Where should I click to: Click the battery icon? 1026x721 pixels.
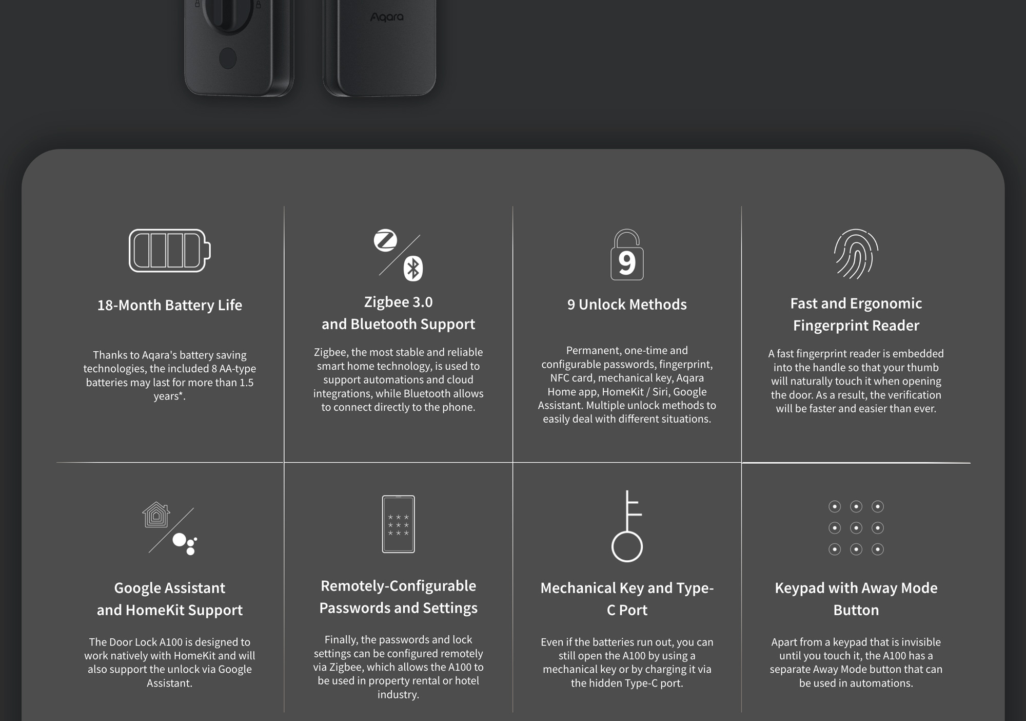[x=169, y=251]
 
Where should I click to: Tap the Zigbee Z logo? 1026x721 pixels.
[x=385, y=240]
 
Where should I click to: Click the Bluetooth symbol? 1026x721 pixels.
[x=413, y=268]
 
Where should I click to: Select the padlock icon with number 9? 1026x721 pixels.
[x=627, y=255]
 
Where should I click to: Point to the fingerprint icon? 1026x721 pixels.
[x=856, y=254]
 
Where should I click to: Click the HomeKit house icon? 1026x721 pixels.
[x=156, y=515]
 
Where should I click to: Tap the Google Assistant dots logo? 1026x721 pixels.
[x=185, y=544]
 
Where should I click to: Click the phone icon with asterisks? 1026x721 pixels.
[x=399, y=524]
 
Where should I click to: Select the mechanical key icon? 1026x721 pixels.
[x=627, y=526]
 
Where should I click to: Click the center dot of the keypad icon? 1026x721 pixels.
[x=856, y=528]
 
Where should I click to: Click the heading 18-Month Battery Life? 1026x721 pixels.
[x=170, y=305]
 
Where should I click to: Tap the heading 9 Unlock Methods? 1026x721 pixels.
[x=627, y=305]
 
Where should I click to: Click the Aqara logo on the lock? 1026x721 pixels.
[x=387, y=17]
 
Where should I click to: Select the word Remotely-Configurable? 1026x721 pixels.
[x=399, y=586]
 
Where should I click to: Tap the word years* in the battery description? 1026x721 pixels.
[x=169, y=396]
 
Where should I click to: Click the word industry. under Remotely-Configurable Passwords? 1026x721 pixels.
[x=399, y=695]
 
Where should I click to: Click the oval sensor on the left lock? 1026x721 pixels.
[x=228, y=59]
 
